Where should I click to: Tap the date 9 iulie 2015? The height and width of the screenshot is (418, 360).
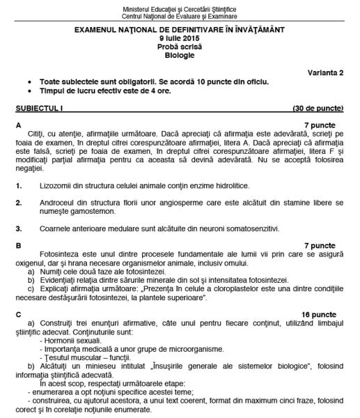tap(180, 39)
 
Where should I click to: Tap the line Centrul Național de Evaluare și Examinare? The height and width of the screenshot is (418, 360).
tap(180, 15)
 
